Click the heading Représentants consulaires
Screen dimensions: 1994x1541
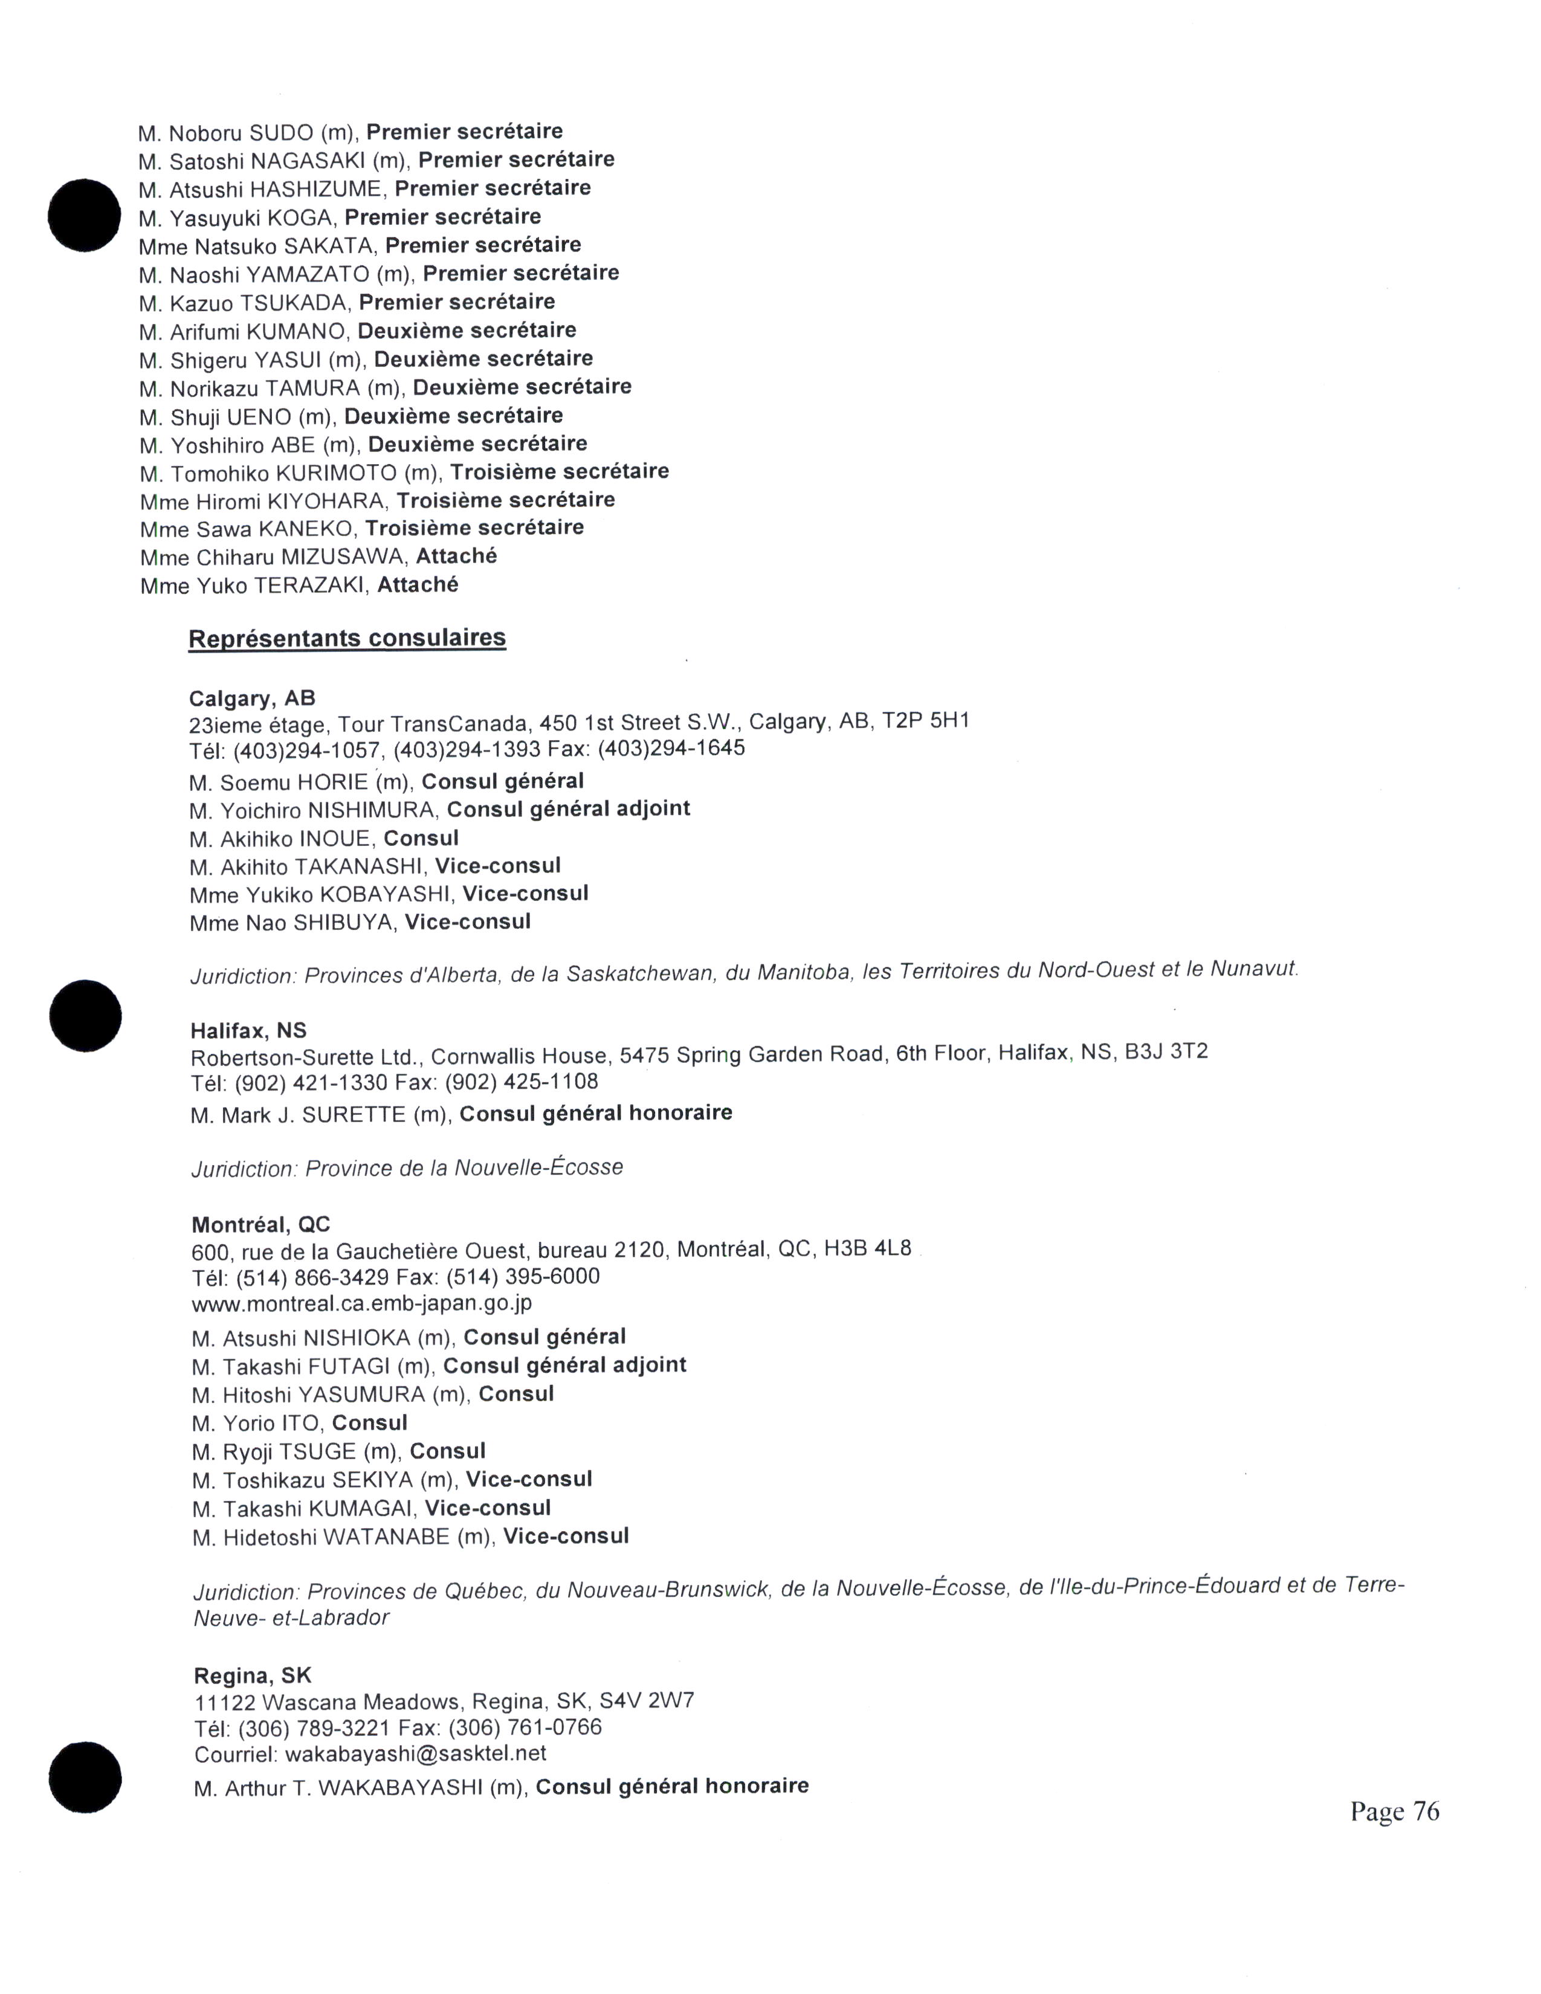[x=347, y=637]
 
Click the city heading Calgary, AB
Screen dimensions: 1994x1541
[x=252, y=699]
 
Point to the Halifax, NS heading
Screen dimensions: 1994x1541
[x=248, y=1031]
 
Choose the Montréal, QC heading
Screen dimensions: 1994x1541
[x=261, y=1224]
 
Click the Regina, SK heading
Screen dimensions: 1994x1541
[x=253, y=1676]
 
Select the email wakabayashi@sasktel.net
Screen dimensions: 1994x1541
[x=415, y=1753]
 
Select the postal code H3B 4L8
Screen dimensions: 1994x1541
[x=867, y=1248]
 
